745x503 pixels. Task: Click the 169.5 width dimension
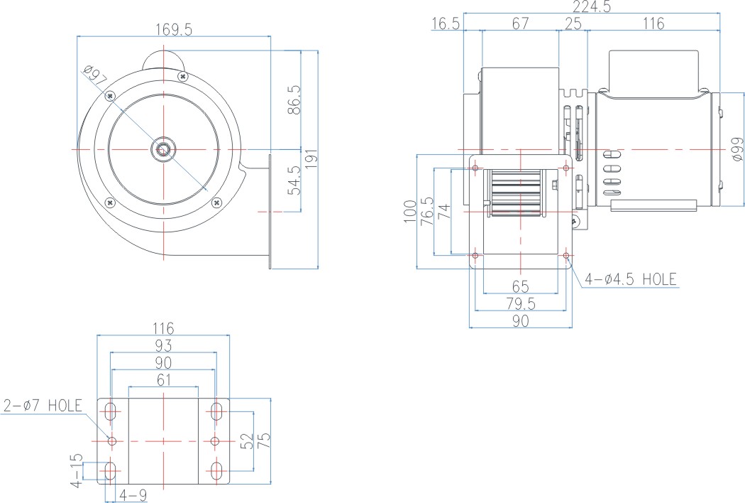pos(174,30)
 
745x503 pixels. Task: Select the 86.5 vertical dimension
pos(294,100)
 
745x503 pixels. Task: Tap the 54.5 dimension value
pos(294,180)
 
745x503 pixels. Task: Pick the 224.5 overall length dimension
pos(592,6)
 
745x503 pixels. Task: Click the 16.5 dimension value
pos(446,23)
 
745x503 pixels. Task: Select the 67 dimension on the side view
pos(520,23)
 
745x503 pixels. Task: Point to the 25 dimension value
pos(573,23)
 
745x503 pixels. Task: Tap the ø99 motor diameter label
pos(737,149)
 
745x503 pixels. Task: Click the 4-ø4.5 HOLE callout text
pos(631,279)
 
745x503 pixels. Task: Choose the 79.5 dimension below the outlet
pos(521,303)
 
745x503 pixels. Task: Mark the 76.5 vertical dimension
pos(427,211)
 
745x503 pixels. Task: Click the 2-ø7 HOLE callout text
pos(43,406)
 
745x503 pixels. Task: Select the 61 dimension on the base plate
pos(163,380)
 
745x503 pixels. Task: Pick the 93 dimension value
pos(163,345)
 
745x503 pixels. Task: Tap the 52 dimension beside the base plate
pos(247,441)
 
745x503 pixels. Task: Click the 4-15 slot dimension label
pos(76,470)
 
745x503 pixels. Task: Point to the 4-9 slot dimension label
pos(133,495)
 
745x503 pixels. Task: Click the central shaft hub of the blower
pos(163,150)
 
